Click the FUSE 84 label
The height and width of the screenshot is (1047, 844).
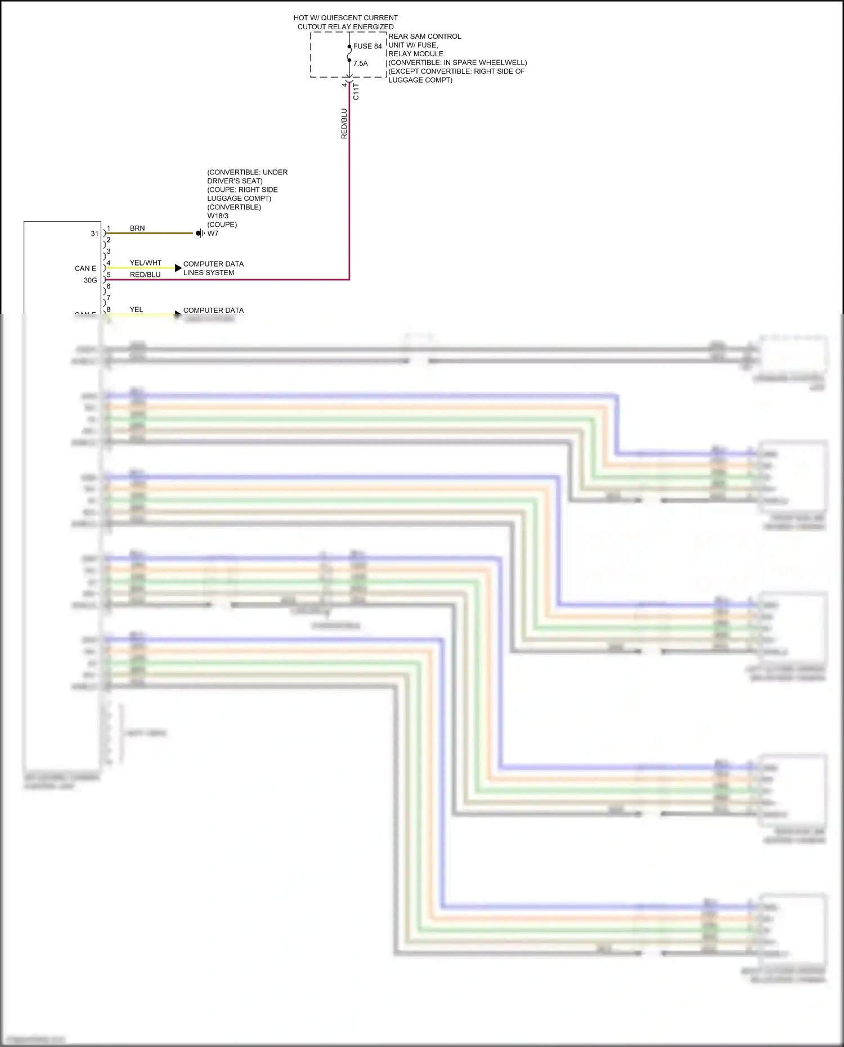(x=367, y=46)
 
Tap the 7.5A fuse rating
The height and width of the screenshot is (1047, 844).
(x=361, y=64)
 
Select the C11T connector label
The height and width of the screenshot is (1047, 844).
(x=356, y=91)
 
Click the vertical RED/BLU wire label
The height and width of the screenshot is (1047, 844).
(x=344, y=124)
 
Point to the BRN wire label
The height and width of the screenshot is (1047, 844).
(x=137, y=228)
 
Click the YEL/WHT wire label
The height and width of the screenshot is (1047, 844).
(x=146, y=263)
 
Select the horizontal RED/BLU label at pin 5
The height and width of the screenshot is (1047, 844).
(x=145, y=275)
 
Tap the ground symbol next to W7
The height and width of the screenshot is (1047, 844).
(x=199, y=233)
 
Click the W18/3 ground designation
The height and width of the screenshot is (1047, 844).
(x=218, y=216)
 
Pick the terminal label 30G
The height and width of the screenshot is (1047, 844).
(x=90, y=280)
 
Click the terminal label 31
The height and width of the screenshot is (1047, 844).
(x=95, y=233)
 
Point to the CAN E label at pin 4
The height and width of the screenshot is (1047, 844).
(x=86, y=268)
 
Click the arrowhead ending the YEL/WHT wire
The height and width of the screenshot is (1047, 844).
(x=178, y=268)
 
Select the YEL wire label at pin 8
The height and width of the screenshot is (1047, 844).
(x=136, y=309)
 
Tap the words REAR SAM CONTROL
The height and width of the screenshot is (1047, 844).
(x=425, y=37)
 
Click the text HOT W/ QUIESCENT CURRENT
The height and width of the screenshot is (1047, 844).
(x=345, y=18)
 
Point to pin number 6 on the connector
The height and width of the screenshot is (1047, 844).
(x=109, y=286)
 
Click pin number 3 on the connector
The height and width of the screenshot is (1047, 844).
(x=109, y=251)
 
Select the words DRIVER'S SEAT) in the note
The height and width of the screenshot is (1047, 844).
(x=235, y=181)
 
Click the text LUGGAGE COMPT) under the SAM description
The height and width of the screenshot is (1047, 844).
(x=420, y=80)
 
